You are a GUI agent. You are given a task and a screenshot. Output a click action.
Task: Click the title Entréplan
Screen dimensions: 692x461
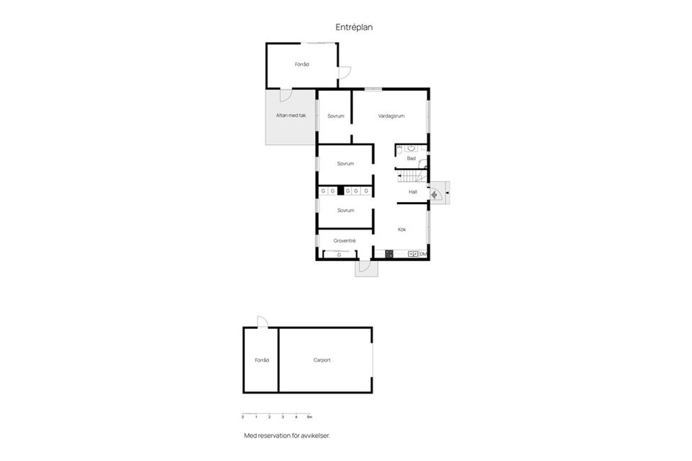tap(354, 27)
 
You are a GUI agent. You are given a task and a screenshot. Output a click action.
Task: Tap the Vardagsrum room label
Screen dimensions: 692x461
tap(391, 116)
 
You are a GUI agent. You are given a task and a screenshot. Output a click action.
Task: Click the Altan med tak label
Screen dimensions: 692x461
tap(290, 115)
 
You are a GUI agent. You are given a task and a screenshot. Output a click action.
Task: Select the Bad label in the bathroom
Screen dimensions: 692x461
tap(412, 158)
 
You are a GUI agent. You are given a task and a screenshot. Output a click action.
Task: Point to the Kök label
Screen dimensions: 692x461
tap(402, 229)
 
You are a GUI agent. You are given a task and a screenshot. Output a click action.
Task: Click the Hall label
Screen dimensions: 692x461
tap(413, 192)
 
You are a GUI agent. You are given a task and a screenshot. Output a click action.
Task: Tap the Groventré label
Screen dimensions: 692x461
tap(345, 241)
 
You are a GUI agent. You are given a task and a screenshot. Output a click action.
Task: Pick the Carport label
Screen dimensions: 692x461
tap(321, 360)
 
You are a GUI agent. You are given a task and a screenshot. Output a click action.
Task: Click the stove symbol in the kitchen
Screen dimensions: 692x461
tap(389, 253)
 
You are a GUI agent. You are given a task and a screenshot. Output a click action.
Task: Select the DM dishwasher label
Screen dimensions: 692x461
tap(423, 254)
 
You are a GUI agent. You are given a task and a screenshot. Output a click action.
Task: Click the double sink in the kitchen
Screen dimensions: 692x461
tap(413, 254)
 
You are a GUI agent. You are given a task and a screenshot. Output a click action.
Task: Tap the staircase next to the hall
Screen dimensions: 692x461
tap(412, 176)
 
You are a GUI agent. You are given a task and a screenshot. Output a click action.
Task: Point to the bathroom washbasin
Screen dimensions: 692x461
tap(411, 148)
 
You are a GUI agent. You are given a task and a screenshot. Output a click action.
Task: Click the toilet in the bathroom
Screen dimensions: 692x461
tap(399, 150)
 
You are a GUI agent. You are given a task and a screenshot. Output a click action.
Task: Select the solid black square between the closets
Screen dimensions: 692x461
tap(341, 190)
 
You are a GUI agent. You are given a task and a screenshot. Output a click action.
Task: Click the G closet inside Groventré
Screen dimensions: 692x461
tap(340, 255)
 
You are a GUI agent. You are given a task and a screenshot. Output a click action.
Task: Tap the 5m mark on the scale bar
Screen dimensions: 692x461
tap(309, 417)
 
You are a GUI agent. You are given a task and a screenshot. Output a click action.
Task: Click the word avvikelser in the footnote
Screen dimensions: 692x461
tap(315, 436)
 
